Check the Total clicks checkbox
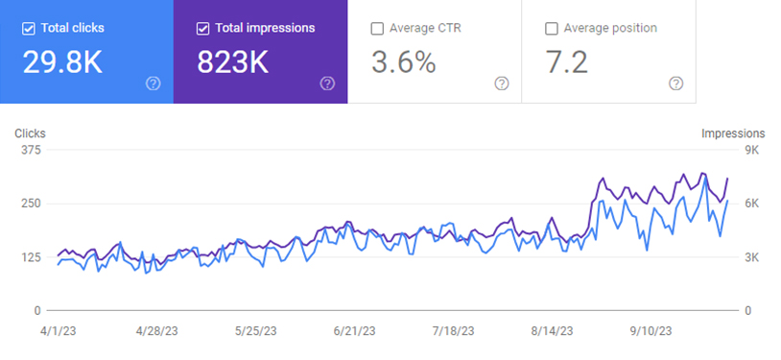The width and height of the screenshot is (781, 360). pyautogui.click(x=29, y=29)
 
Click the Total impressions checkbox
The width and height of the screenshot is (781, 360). pyautogui.click(x=202, y=29)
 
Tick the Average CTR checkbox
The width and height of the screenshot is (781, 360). pyautogui.click(x=377, y=29)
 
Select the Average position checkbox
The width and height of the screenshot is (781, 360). pyautogui.click(x=552, y=29)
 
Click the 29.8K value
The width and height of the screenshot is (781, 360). pyautogui.click(x=62, y=62)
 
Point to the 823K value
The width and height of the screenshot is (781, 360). pyautogui.click(x=232, y=62)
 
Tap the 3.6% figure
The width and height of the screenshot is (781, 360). pyautogui.click(x=403, y=62)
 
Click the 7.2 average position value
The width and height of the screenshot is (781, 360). pyautogui.click(x=567, y=62)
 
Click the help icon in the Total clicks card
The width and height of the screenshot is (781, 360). pyautogui.click(x=153, y=84)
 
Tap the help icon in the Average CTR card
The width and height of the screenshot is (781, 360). pyautogui.click(x=502, y=84)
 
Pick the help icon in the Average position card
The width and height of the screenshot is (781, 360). pyautogui.click(x=675, y=84)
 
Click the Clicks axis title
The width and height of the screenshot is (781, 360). pyautogui.click(x=30, y=133)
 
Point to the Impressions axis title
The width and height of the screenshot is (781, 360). pyautogui.click(x=733, y=133)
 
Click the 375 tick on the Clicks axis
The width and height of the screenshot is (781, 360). pyautogui.click(x=31, y=150)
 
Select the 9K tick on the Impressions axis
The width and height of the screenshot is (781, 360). pyautogui.click(x=751, y=150)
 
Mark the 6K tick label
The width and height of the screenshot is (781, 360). pyautogui.click(x=751, y=204)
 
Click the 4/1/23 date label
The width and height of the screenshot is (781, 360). pyautogui.click(x=58, y=331)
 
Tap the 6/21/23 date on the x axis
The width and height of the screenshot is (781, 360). pyautogui.click(x=355, y=331)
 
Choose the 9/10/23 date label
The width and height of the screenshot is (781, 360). pyautogui.click(x=651, y=331)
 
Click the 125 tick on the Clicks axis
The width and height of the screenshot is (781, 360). pyautogui.click(x=31, y=257)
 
